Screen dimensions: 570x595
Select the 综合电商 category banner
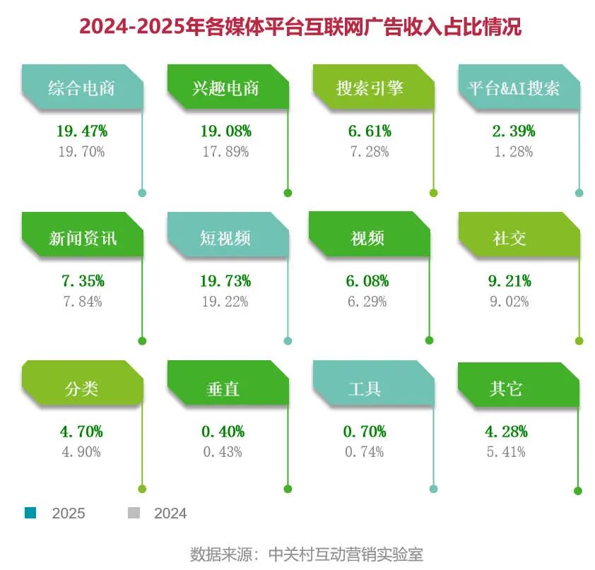[81, 88]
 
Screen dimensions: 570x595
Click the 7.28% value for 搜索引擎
[369, 152]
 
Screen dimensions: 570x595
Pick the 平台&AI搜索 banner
[514, 88]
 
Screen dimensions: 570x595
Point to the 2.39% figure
[513, 131]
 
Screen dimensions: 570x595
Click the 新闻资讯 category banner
[82, 238]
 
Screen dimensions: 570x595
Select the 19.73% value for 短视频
[225, 281]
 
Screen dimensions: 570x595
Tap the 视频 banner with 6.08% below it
[367, 238]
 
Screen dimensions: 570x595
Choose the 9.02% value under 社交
[510, 302]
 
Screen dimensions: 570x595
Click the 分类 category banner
[81, 388]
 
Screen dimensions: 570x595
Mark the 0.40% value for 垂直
[223, 431]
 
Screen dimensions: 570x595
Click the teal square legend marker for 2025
[30, 513]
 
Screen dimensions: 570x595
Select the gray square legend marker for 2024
[133, 513]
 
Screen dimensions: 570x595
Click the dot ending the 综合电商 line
[142, 193]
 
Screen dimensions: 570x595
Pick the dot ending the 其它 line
[578, 491]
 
